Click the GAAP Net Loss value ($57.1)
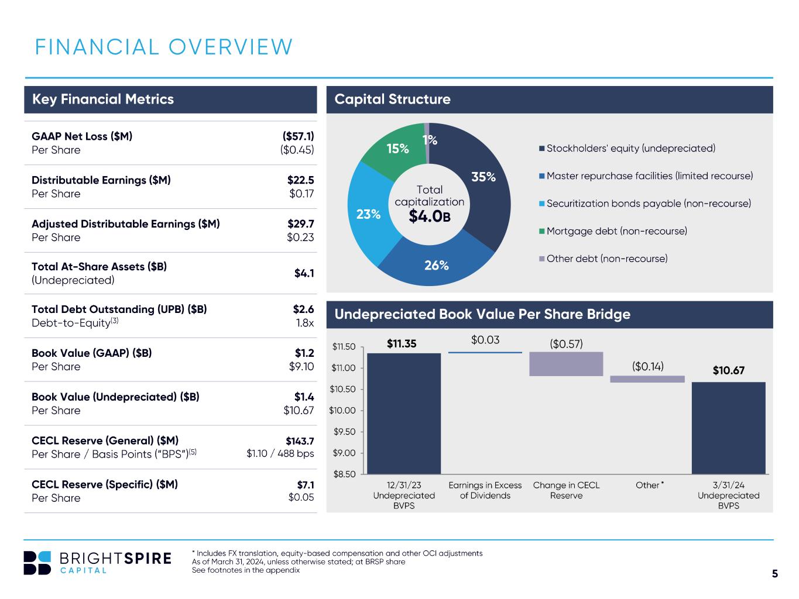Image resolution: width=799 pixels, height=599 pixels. [298, 136]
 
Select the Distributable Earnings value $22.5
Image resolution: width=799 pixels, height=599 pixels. [300, 180]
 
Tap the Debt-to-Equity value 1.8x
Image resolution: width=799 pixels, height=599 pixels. [305, 322]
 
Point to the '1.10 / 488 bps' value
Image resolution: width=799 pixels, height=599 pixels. [280, 453]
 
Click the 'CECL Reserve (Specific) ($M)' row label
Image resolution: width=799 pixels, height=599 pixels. [105, 484]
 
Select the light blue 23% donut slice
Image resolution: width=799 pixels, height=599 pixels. [368, 215]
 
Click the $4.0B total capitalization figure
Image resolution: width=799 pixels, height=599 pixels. [430, 216]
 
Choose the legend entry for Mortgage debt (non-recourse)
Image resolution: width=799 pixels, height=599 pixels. [613, 231]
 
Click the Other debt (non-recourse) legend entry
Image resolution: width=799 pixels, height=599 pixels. [603, 259]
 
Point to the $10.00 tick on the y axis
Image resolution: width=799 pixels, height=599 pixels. [342, 410]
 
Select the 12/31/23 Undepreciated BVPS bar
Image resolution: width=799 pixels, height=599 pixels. [404, 414]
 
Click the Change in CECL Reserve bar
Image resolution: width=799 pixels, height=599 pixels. [566, 364]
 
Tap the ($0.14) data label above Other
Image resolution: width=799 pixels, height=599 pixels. [647, 366]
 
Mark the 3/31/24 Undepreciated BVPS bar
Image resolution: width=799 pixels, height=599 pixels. [728, 428]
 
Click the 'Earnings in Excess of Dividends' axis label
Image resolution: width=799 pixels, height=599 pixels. [485, 490]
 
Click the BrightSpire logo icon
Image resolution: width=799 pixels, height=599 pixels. [37, 563]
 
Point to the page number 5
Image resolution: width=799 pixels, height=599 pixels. [774, 573]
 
